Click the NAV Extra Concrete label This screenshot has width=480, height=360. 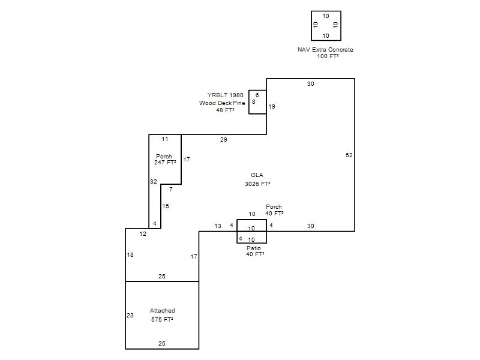[325, 50]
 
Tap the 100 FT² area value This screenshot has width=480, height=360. [328, 56]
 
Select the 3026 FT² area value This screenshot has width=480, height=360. [257, 184]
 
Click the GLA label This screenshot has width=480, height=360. [257, 175]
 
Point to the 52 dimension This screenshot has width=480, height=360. [349, 155]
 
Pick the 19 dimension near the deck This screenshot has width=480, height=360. [272, 107]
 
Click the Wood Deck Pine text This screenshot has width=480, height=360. [222, 103]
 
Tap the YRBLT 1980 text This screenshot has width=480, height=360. [226, 95]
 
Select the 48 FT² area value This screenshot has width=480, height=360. [226, 110]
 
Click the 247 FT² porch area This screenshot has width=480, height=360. [165, 163]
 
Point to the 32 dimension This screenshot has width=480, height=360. [154, 182]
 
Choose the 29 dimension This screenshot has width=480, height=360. [223, 140]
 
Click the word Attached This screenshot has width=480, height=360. [162, 311]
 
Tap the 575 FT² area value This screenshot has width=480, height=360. [162, 320]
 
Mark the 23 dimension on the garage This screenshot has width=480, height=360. [130, 316]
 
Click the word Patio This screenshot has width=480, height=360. [254, 248]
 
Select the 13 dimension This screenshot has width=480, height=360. [218, 226]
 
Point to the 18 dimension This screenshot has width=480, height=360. [130, 255]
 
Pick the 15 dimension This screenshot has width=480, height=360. [166, 206]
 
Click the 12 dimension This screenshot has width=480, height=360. [143, 234]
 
